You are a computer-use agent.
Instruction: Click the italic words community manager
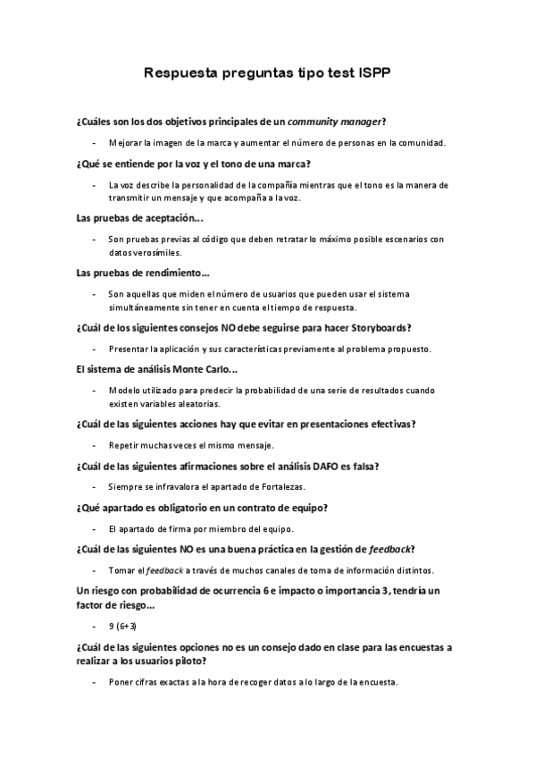[342, 121]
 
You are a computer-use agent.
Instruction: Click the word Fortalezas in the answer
[280, 487]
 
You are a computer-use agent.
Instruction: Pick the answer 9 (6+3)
[122, 627]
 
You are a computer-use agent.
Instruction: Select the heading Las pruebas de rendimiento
[144, 273]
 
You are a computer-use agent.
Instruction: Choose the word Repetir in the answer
[124, 445]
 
